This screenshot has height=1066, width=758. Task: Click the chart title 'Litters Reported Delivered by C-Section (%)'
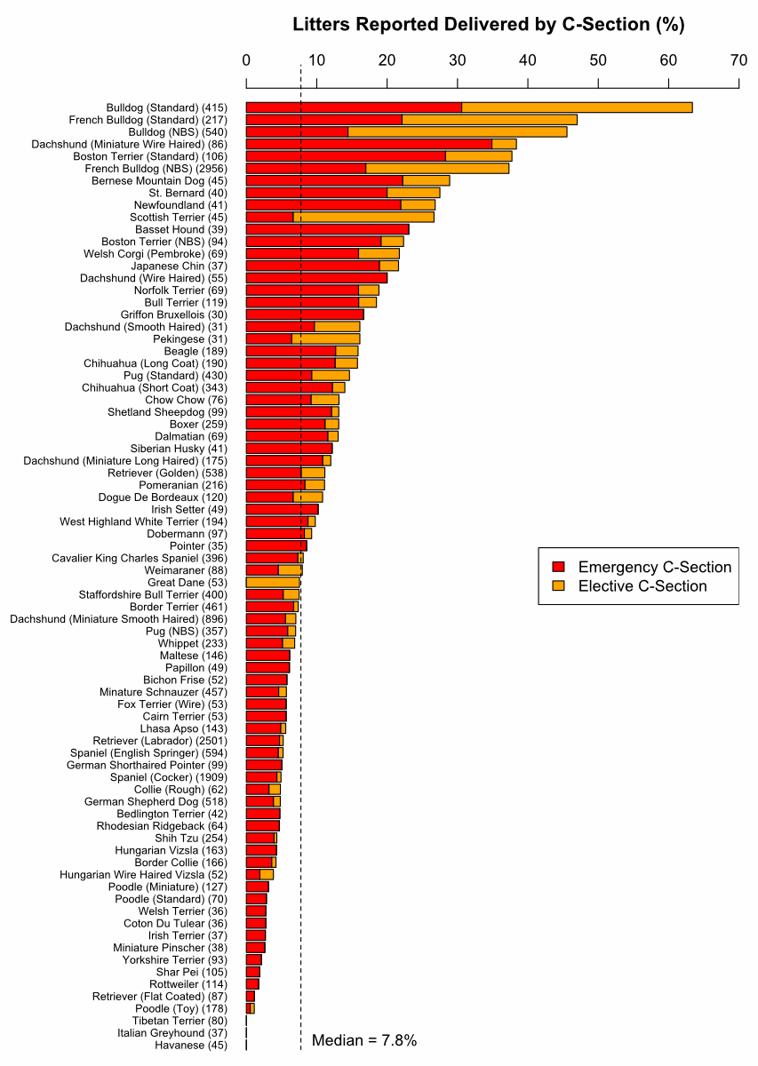pyautogui.click(x=488, y=25)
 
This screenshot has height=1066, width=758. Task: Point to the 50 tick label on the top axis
pyautogui.click(x=598, y=60)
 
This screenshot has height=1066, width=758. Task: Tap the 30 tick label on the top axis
pyautogui.click(x=458, y=60)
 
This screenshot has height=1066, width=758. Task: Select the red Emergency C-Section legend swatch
pyautogui.click(x=558, y=568)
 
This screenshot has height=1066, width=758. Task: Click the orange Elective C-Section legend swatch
pyautogui.click(x=558, y=586)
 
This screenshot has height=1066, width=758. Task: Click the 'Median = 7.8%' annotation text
pyautogui.click(x=364, y=1040)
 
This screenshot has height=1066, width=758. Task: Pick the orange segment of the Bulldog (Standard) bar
pyautogui.click(x=577, y=107)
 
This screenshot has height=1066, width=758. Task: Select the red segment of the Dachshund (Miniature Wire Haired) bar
pyautogui.click(x=369, y=144)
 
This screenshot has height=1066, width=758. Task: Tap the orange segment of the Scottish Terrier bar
pyautogui.click(x=363, y=217)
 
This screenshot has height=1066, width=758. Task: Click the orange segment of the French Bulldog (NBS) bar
pyautogui.click(x=437, y=168)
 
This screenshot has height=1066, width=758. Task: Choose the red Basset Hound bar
pyautogui.click(x=327, y=229)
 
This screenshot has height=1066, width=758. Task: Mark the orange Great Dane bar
pyautogui.click(x=273, y=583)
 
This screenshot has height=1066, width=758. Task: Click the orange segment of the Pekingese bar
pyautogui.click(x=325, y=338)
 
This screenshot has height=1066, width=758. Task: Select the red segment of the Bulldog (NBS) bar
pyautogui.click(x=297, y=131)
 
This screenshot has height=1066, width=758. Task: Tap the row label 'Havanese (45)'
pyautogui.click(x=191, y=1046)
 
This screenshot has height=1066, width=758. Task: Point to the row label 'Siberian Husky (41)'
pyautogui.click(x=179, y=449)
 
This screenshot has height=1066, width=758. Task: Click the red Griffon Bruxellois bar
pyautogui.click(x=305, y=314)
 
